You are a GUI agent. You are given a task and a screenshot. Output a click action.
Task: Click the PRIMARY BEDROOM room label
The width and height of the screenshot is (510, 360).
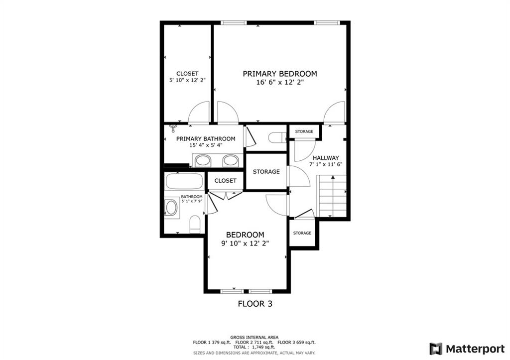tap(280, 74)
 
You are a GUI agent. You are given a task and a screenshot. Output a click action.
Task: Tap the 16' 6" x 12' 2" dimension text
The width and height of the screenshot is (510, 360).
tap(280, 82)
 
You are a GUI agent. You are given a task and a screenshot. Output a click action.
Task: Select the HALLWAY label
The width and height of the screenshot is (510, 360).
tap(326, 158)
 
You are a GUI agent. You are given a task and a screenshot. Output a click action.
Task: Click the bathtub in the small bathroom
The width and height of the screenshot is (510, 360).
tap(184, 181)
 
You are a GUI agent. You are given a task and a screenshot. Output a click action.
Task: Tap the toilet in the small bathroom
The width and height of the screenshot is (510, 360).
tap(195, 224)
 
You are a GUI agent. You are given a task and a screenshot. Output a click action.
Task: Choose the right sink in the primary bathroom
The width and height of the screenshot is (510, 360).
tap(231, 161)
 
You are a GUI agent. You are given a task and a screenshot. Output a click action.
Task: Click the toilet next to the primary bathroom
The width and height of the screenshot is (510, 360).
tap(277, 137)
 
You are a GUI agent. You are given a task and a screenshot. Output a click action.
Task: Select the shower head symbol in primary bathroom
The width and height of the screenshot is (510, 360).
tap(173, 128)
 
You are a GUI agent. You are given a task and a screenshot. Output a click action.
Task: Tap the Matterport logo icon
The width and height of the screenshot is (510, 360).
tap(436, 349)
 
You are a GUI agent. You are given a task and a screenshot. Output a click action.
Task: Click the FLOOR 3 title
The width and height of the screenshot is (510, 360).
tap(255, 304)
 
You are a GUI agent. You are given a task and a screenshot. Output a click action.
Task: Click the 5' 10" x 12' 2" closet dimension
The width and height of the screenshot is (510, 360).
tap(187, 80)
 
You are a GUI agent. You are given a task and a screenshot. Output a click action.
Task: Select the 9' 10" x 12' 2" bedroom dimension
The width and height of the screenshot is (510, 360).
tap(245, 243)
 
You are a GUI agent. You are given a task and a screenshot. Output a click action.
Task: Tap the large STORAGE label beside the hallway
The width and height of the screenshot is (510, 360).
tap(266, 171)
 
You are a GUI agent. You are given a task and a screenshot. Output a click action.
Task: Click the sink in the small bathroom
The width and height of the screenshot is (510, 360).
tap(172, 208)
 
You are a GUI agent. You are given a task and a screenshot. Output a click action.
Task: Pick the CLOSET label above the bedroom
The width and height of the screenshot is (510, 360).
tap(226, 180)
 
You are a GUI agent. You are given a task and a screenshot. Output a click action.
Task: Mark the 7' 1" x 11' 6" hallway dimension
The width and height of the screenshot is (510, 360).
tap(326, 164)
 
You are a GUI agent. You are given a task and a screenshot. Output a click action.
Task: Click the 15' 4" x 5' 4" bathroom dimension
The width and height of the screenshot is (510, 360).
tap(206, 145)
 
